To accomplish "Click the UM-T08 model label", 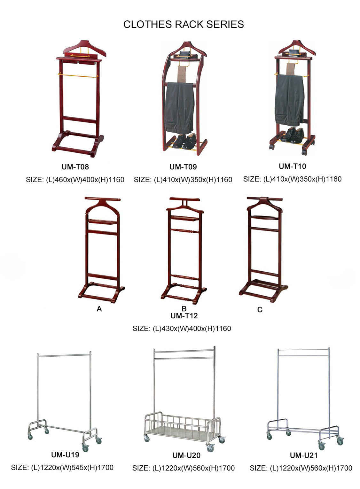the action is tap(75, 167).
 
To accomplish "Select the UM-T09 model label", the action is tap(183, 167).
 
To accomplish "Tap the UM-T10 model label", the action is tap(292, 166).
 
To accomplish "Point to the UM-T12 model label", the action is tap(184, 316).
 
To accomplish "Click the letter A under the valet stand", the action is tap(99, 309).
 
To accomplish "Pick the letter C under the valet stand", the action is tap(260, 310).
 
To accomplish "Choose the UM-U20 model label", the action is tap(186, 455).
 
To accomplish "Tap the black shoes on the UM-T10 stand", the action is tap(293, 135).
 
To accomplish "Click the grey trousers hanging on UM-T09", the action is tap(179, 108).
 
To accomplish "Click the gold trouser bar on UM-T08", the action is tap(78, 75).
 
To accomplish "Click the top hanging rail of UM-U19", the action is tap(64, 356).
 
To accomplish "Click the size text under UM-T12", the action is tap(182, 329).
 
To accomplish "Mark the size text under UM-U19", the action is tap(62, 468).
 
